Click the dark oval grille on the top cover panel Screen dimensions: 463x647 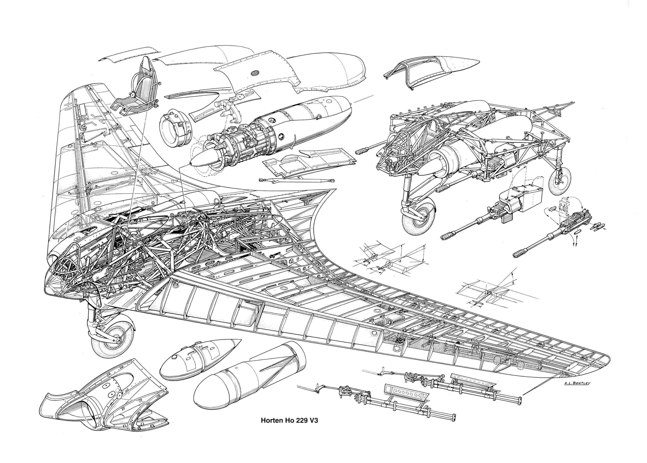click(255, 73)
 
